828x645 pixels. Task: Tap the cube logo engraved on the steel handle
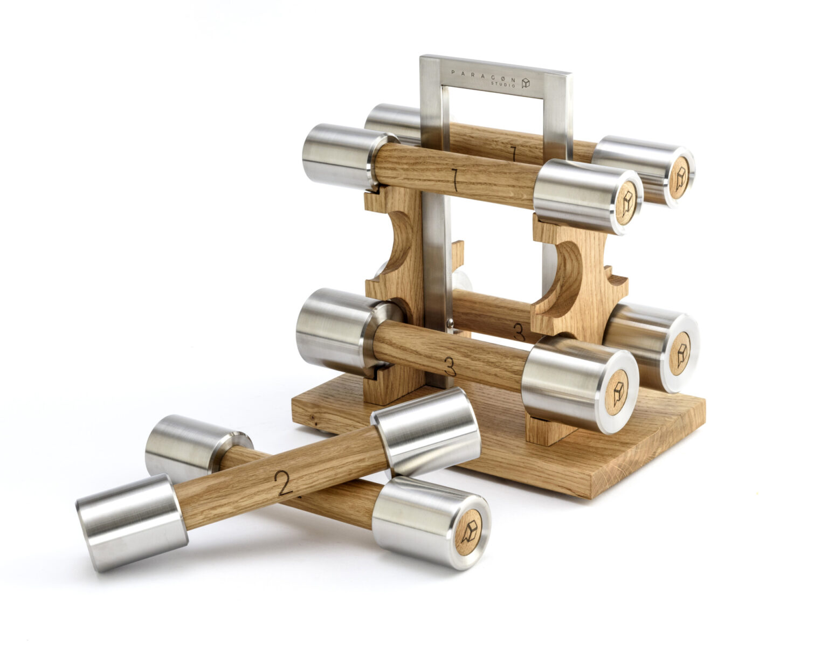526,83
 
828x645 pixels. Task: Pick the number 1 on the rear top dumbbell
514,154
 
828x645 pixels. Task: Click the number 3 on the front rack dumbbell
450,366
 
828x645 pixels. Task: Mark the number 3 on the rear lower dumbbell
519,331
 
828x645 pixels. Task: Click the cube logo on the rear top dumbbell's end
681,176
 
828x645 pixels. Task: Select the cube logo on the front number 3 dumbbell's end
617,392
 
